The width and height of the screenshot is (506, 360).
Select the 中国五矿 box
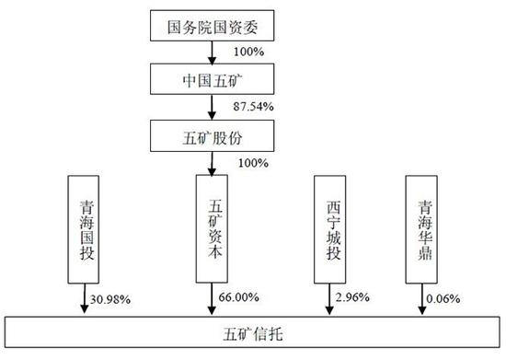click(212, 82)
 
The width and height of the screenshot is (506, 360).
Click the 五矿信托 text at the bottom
click(253, 330)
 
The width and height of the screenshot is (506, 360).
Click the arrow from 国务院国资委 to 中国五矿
click(212, 54)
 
